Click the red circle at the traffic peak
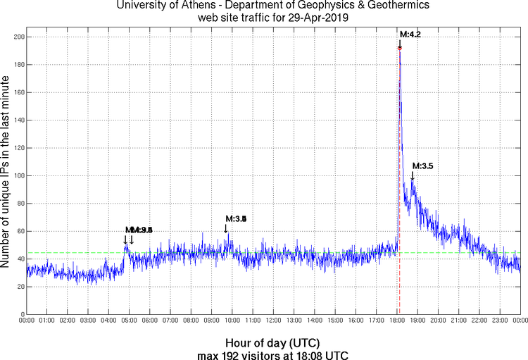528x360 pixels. click(x=400, y=48)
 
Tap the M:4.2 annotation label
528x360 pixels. click(x=410, y=34)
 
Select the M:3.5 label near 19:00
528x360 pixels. click(x=422, y=166)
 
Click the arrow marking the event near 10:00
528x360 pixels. click(x=226, y=228)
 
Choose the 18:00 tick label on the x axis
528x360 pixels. click(x=397, y=321)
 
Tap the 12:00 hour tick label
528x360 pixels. click(x=274, y=321)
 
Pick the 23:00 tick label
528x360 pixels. click(x=500, y=321)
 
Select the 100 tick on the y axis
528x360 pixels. click(x=16, y=175)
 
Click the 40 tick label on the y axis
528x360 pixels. click(x=18, y=259)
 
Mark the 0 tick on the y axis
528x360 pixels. click(x=21, y=314)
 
